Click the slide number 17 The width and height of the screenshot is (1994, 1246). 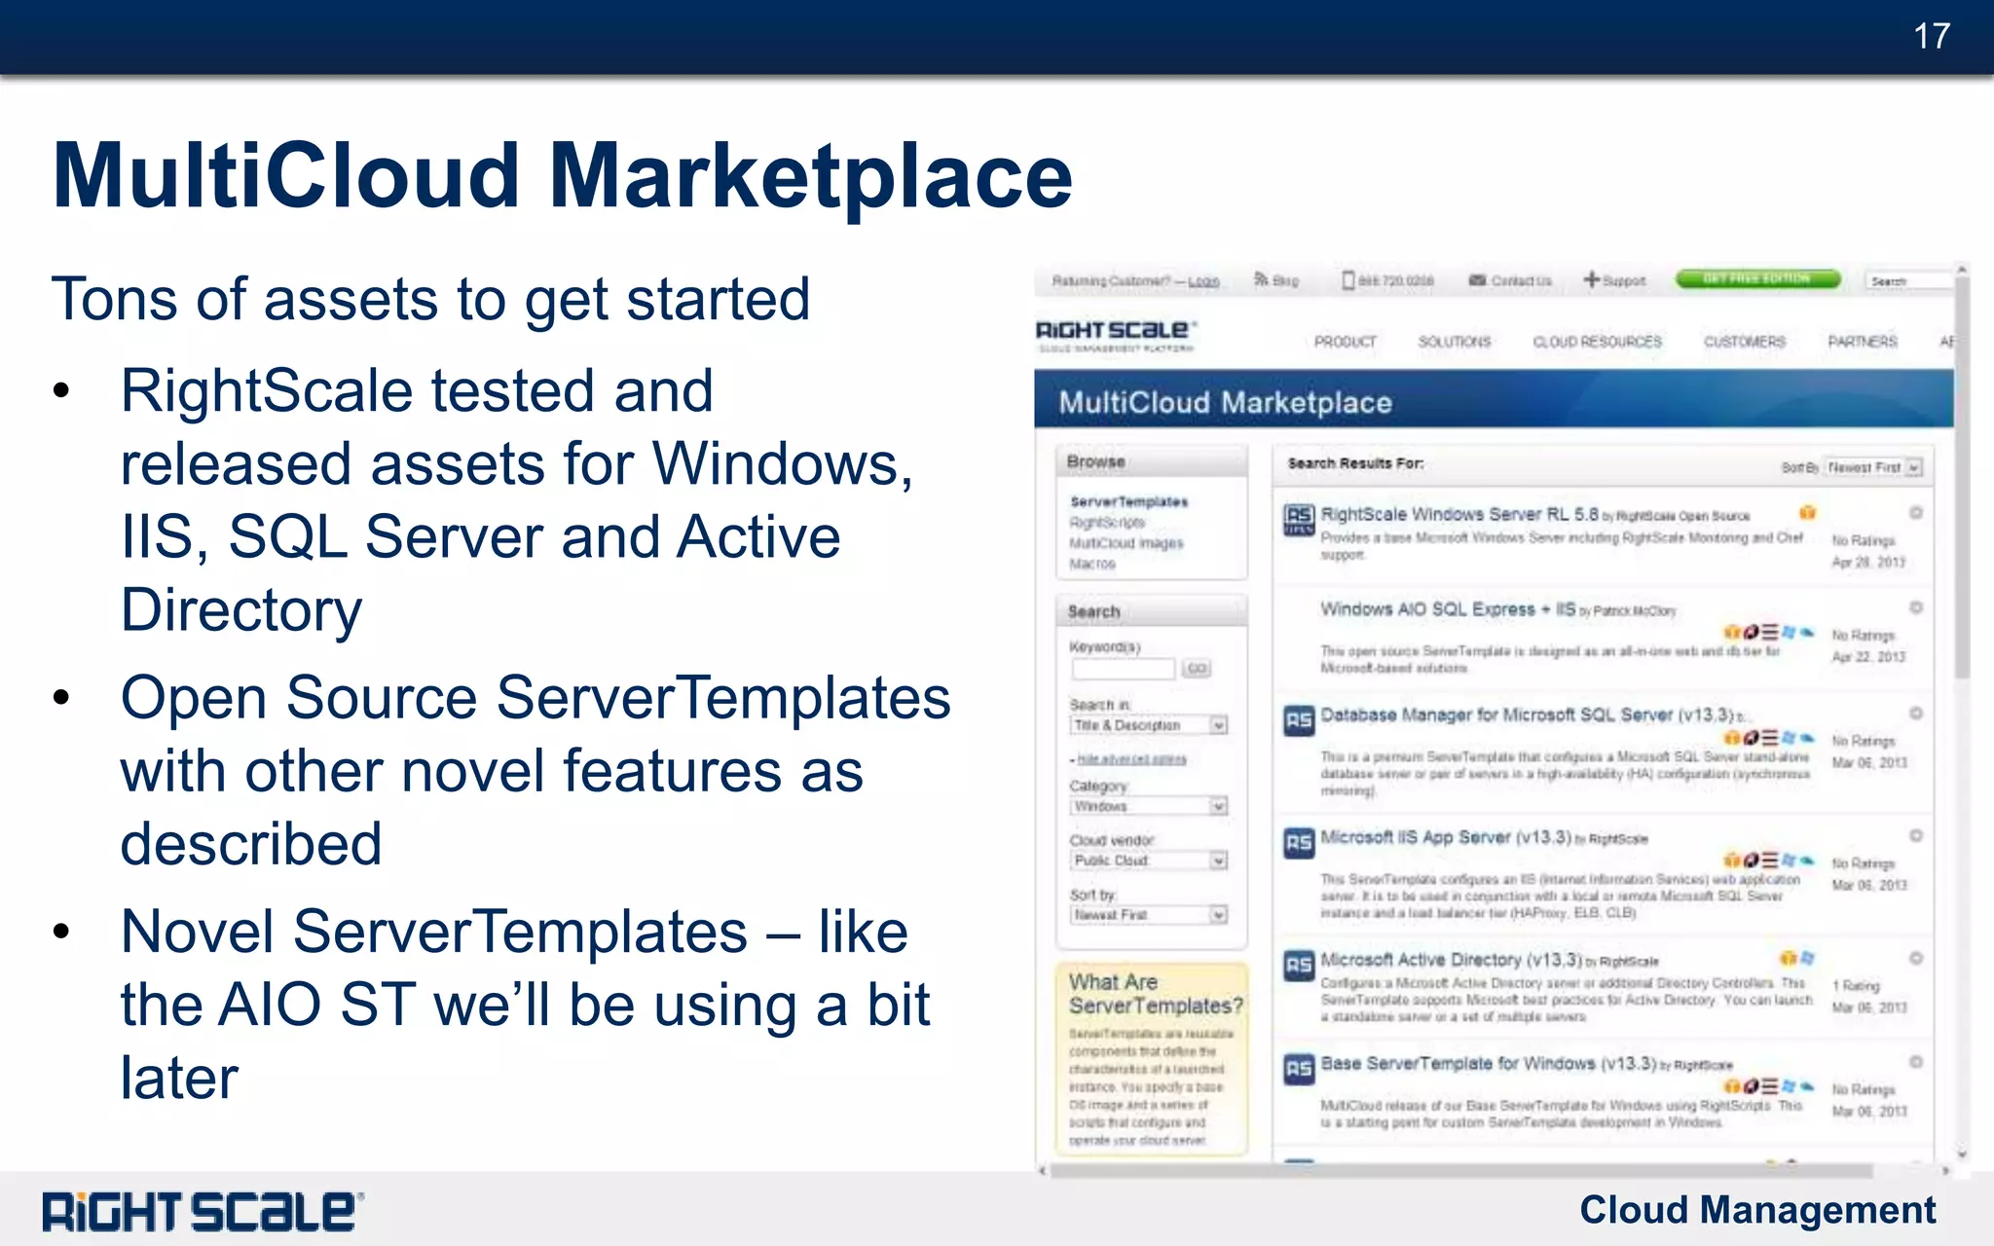(1931, 37)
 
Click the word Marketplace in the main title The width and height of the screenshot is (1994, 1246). (810, 176)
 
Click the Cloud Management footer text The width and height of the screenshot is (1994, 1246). (1756, 1210)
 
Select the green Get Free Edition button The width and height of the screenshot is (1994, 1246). (1757, 279)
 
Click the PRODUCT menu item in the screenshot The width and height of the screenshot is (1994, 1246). (1345, 342)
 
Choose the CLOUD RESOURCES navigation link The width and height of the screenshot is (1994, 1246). (1597, 342)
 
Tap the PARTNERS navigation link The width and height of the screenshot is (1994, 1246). (1862, 342)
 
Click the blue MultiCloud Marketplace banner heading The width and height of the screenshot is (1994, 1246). (1225, 402)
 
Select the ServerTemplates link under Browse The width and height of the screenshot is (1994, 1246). (1128, 502)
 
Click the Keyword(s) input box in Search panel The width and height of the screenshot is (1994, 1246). (1124, 669)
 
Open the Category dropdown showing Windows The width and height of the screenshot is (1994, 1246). (1148, 806)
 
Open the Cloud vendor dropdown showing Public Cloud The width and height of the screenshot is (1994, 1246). (1148, 861)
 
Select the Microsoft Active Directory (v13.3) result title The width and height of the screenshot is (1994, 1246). (1450, 960)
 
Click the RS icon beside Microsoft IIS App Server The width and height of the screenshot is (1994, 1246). (1299, 842)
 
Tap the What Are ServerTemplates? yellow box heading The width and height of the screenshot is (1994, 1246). (1155, 994)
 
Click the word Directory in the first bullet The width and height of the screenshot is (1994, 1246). (240, 610)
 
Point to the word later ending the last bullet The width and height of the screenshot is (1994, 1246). (179, 1078)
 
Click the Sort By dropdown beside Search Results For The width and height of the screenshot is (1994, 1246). (1873, 467)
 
